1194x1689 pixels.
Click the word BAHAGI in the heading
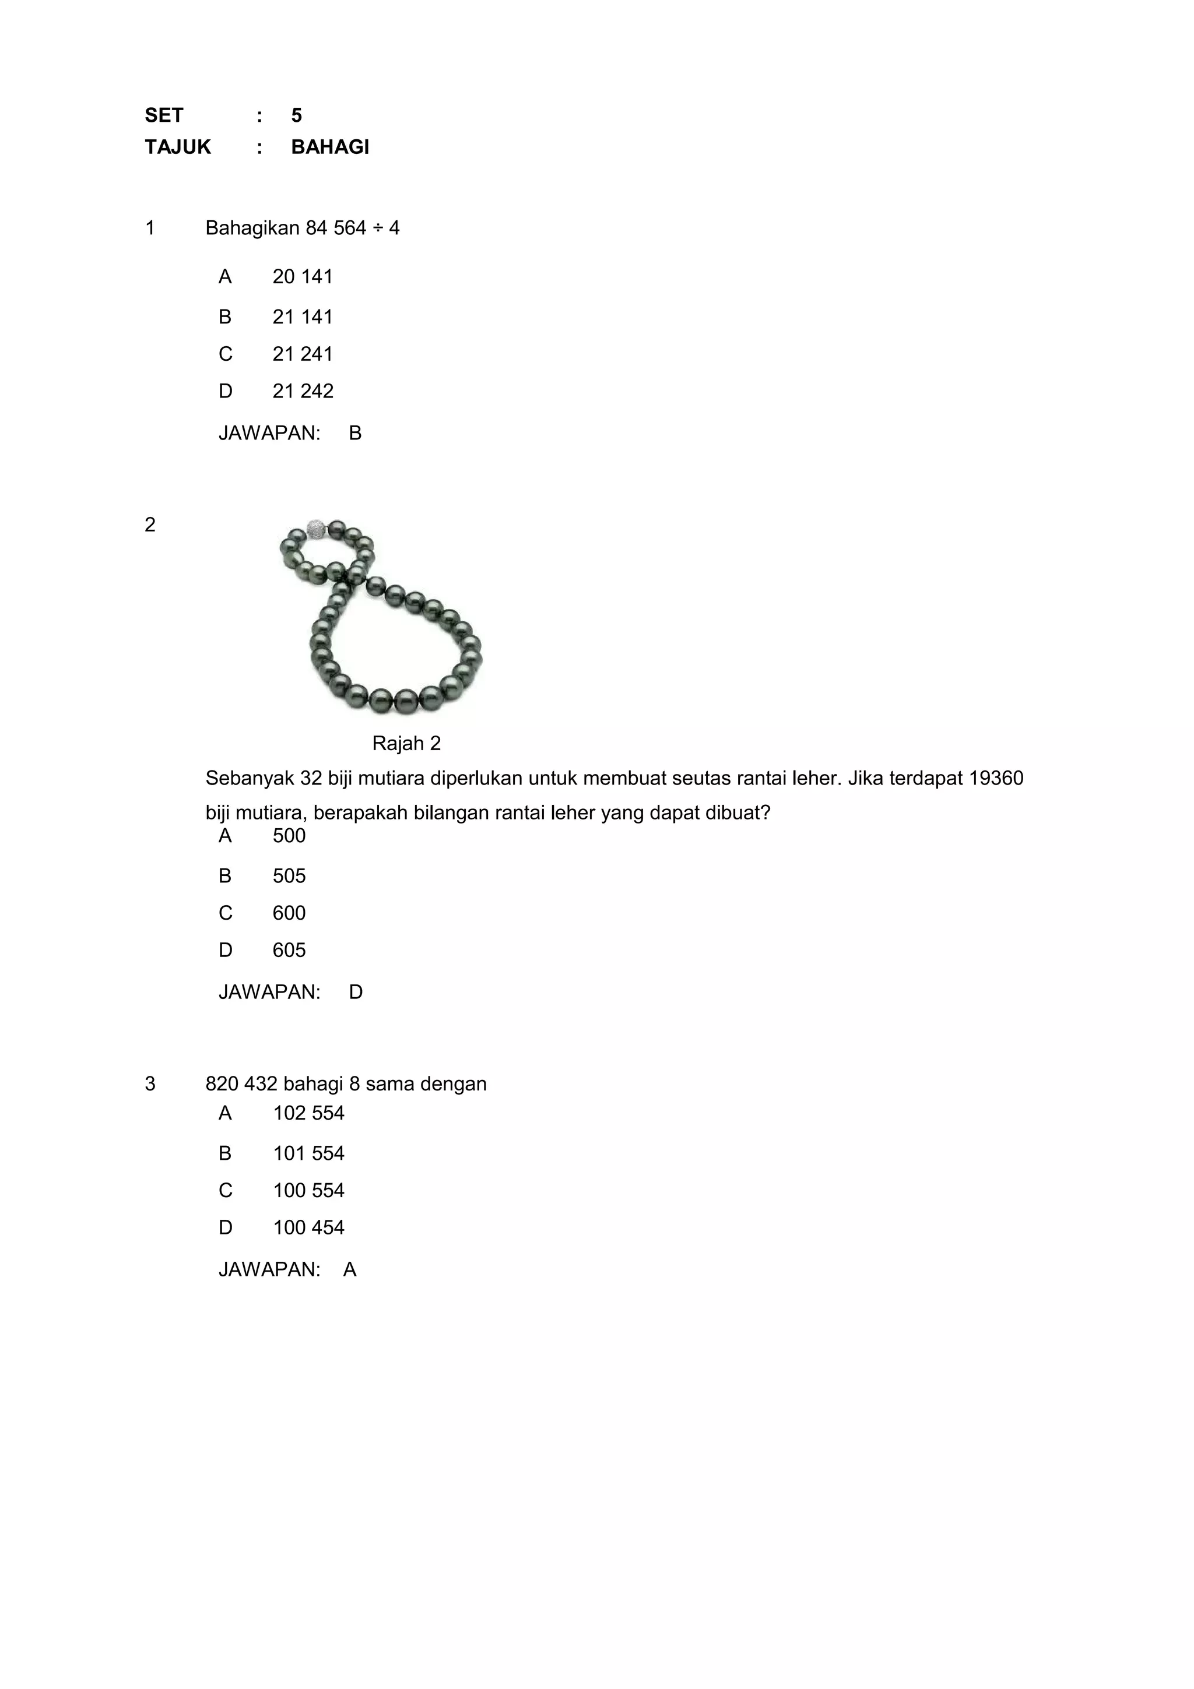pyautogui.click(x=329, y=147)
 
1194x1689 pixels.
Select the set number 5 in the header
pyautogui.click(x=297, y=115)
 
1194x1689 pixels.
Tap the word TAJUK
pyautogui.click(x=177, y=147)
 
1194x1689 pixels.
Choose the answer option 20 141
pyautogui.click(x=303, y=277)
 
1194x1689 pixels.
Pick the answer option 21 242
pyautogui.click(x=303, y=391)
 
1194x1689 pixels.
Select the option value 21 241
pyautogui.click(x=303, y=354)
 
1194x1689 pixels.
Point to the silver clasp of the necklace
pyautogui.click(x=315, y=528)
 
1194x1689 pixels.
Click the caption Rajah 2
pyautogui.click(x=406, y=743)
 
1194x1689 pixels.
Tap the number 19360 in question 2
pyautogui.click(x=996, y=778)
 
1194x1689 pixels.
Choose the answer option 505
pyautogui.click(x=289, y=876)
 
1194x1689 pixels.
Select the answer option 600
pyautogui.click(x=289, y=913)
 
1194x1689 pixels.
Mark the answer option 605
pyautogui.click(x=289, y=951)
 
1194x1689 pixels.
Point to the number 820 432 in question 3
pyautogui.click(x=241, y=1083)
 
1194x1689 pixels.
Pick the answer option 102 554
pyautogui.click(x=308, y=1113)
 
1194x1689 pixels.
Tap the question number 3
pyautogui.click(x=150, y=1083)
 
